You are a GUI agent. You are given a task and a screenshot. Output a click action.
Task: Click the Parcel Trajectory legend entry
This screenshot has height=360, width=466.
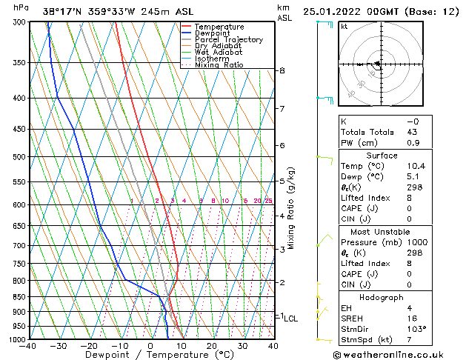[x=228, y=39]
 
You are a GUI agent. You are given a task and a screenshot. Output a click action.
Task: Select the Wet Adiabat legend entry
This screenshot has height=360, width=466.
[x=220, y=53]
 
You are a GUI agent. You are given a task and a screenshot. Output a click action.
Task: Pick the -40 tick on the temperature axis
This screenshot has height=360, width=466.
[x=28, y=346]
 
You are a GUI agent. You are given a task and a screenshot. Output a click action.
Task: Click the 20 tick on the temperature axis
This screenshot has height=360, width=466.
[x=211, y=346]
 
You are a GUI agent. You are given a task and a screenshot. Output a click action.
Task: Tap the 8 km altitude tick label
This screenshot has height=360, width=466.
[x=282, y=70]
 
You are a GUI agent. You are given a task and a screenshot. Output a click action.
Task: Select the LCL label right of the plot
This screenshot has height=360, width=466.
[x=291, y=319]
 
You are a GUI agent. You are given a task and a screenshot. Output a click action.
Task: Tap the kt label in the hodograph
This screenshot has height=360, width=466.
[x=344, y=27]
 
